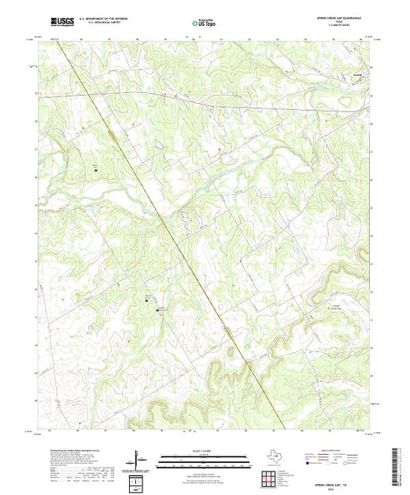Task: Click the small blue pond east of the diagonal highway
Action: pos(158,145)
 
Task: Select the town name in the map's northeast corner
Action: pos(356,76)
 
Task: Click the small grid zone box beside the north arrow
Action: pos(136,480)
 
